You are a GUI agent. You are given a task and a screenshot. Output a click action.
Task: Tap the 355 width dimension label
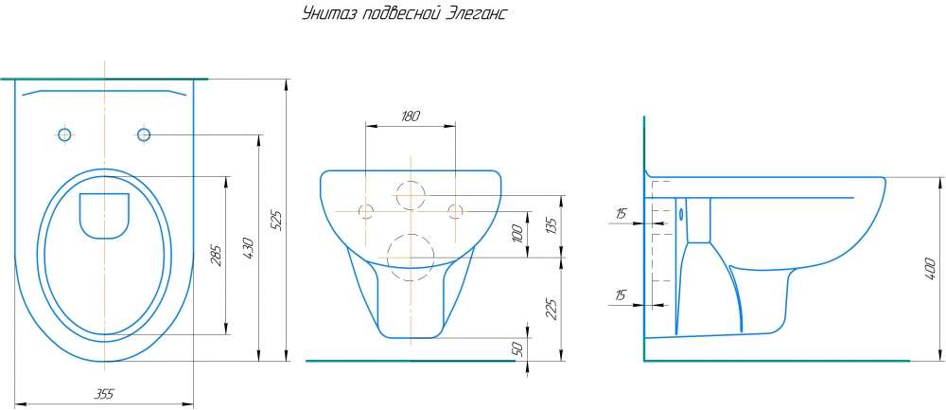[x=104, y=394]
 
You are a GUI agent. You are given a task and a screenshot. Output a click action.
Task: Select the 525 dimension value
[x=275, y=220]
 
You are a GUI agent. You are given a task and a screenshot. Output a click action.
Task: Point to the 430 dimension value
[x=250, y=247]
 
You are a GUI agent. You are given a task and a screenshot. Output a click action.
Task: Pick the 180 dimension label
[x=411, y=116]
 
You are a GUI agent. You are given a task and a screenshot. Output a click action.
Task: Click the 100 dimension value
[x=518, y=234]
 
